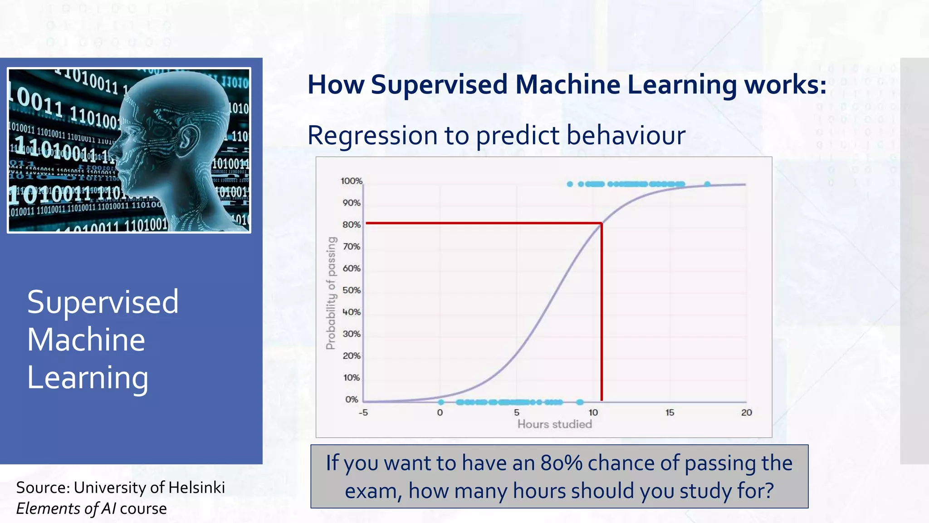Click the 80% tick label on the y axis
(x=352, y=225)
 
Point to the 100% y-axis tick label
(x=352, y=181)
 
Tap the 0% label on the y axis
(x=352, y=400)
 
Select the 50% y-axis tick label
(x=352, y=290)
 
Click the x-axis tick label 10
(x=593, y=413)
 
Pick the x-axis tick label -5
(x=363, y=413)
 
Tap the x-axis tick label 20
(x=747, y=413)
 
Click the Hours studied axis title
(x=555, y=424)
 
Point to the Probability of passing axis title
(x=332, y=293)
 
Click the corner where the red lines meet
(x=601, y=223)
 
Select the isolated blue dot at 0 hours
(x=441, y=402)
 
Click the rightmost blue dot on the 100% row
(x=707, y=184)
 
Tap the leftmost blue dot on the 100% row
(x=570, y=184)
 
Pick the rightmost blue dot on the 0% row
(x=580, y=402)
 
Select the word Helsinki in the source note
(x=196, y=488)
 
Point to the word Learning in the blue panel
(x=88, y=378)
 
